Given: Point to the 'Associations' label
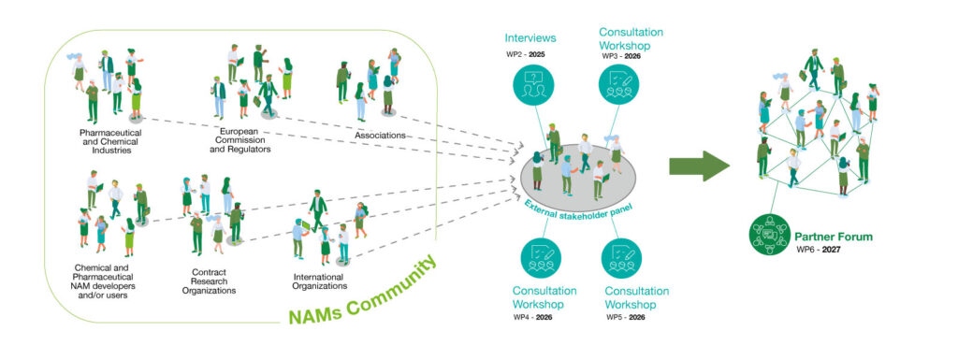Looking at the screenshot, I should [x=380, y=136].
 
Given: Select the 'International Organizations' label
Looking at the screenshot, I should [x=319, y=282].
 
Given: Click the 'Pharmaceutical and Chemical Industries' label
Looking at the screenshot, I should [x=106, y=145].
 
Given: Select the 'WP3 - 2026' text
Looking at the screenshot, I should [x=623, y=56].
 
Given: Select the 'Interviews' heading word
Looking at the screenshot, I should [x=530, y=39].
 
